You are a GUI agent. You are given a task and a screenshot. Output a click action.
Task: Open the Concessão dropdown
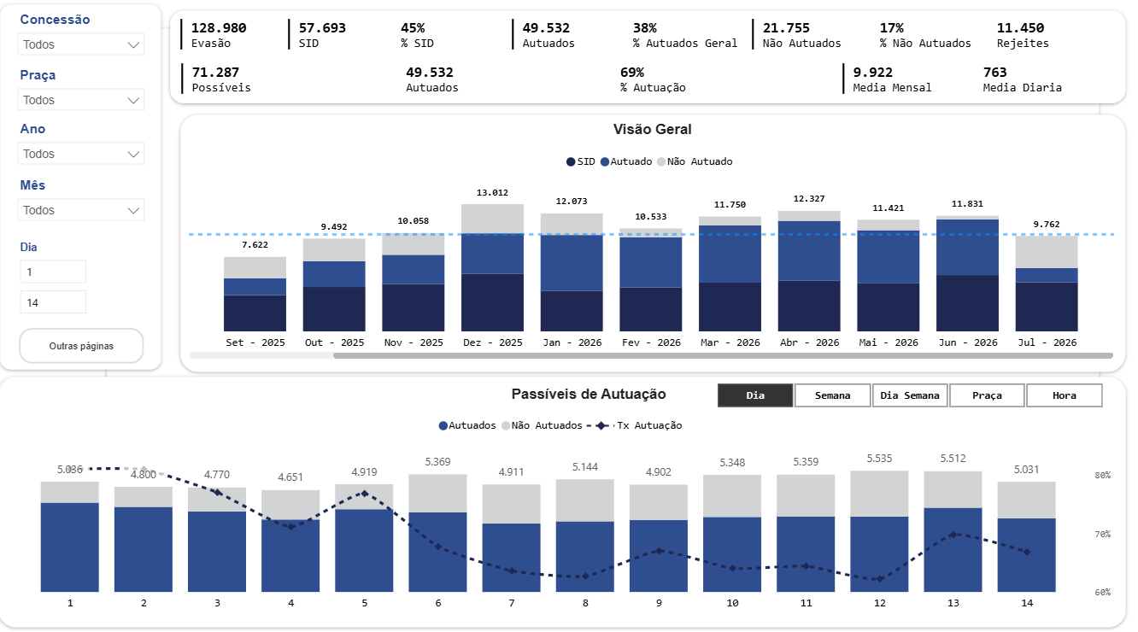(x=81, y=44)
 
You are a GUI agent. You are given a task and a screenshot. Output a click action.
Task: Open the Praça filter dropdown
(x=81, y=100)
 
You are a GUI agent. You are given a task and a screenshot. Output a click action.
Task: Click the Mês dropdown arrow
(x=133, y=210)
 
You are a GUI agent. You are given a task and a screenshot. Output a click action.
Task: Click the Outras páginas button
(x=81, y=346)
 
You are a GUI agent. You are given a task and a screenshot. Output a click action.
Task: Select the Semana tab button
(x=832, y=395)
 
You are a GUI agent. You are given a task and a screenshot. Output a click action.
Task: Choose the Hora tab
(x=1065, y=395)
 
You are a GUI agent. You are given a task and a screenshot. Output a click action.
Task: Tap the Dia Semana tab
(x=910, y=395)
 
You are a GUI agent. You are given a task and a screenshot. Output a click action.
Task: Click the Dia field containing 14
(x=53, y=302)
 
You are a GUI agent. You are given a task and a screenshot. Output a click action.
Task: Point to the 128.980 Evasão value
(x=219, y=28)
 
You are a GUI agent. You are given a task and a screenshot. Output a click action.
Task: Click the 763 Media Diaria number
(x=994, y=72)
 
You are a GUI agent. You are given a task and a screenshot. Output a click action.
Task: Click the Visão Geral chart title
(x=653, y=129)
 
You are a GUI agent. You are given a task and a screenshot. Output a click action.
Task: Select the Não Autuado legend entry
(x=695, y=161)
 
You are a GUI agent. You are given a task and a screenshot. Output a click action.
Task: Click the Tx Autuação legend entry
(x=635, y=425)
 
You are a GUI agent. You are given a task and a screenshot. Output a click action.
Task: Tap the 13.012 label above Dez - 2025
(x=492, y=192)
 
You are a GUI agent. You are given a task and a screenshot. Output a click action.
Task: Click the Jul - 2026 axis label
(x=1047, y=342)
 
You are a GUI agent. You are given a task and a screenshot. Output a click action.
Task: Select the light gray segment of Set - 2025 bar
(x=255, y=267)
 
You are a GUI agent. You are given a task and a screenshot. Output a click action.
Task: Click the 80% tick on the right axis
(x=1102, y=476)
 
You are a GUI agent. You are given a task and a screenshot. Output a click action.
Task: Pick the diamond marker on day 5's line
(x=364, y=494)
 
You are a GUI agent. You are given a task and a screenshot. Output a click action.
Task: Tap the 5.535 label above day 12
(x=879, y=459)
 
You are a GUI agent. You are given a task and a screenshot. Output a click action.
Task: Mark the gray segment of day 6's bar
(x=438, y=494)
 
